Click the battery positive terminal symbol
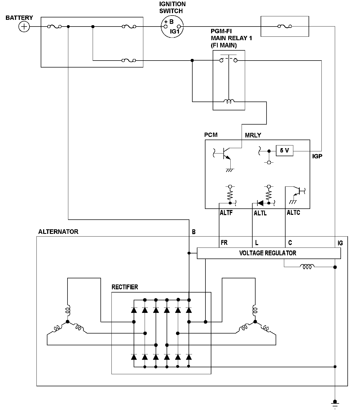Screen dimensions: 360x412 (24, 27)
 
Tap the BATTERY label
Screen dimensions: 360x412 (19, 18)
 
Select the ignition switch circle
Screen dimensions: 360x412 (172, 27)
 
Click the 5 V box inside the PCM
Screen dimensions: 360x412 (284, 151)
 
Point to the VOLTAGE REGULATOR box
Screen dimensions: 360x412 (269, 253)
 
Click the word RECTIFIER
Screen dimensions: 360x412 (125, 287)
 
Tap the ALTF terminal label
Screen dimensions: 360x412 (226, 213)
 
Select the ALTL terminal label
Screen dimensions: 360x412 (260, 213)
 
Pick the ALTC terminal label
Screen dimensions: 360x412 (293, 213)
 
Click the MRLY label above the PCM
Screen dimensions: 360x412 (253, 135)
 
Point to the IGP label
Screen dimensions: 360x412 (317, 156)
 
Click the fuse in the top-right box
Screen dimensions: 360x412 (284, 26)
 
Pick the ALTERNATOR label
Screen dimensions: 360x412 (58, 231)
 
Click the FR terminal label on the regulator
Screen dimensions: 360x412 (224, 242)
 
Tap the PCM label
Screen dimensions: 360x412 (211, 135)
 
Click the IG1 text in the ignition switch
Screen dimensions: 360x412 (175, 32)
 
